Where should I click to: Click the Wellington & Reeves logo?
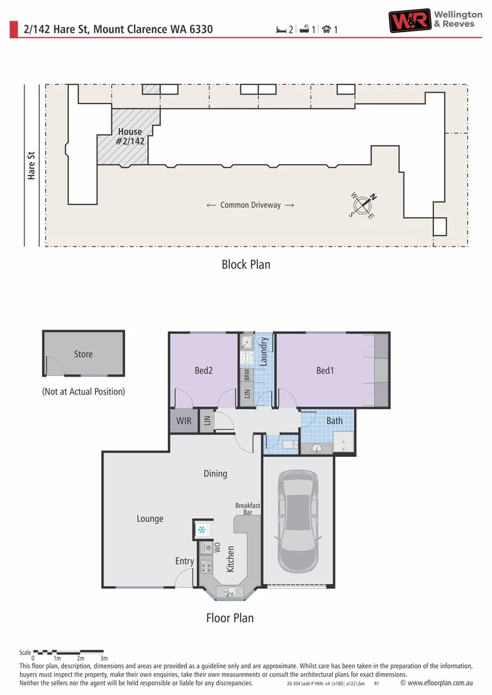tap(435, 21)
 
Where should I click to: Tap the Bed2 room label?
tap(203, 371)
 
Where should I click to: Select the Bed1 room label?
tap(325, 371)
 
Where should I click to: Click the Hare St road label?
tap(31, 165)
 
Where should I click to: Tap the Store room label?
tap(84, 354)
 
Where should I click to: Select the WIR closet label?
tap(184, 421)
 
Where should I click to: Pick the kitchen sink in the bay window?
tap(229, 591)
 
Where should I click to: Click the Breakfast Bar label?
tap(247, 509)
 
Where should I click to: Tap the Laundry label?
tap(263, 351)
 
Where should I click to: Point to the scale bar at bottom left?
tap(68, 652)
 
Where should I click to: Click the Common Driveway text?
tap(251, 205)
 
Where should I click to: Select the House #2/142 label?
tap(130, 136)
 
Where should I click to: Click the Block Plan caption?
tap(246, 264)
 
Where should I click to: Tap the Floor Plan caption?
tap(230, 618)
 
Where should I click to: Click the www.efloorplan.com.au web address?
tap(440, 683)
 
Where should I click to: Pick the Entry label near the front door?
tap(185, 561)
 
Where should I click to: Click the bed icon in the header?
tap(281, 30)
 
